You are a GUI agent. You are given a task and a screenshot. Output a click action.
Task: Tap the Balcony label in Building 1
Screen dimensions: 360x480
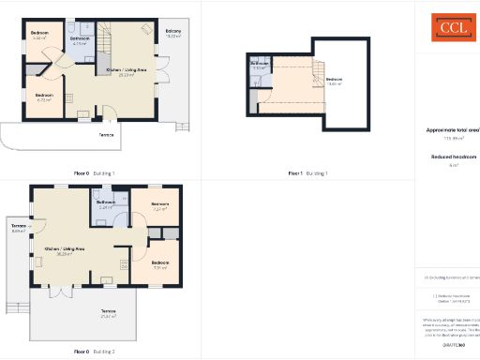click(172, 32)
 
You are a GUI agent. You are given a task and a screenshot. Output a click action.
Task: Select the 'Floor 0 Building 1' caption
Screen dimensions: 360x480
click(95, 173)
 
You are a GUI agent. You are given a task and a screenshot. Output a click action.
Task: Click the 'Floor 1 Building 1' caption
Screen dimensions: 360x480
click(308, 173)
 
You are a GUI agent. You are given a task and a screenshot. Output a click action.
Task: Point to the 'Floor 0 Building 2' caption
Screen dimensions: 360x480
click(95, 352)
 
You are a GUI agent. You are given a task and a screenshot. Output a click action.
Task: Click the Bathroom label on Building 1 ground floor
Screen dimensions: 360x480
click(80, 39)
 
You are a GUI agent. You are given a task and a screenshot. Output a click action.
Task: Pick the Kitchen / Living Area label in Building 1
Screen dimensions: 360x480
click(127, 71)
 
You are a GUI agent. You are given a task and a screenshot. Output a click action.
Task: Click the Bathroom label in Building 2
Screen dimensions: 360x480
click(105, 203)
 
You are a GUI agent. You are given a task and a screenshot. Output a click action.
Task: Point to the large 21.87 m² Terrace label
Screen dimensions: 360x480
click(109, 311)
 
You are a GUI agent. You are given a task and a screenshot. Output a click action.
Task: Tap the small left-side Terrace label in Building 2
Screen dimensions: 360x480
click(19, 228)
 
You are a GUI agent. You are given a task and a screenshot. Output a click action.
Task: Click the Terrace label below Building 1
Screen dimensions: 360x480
click(107, 135)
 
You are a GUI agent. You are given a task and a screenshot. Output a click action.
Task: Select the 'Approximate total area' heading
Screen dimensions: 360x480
click(451, 129)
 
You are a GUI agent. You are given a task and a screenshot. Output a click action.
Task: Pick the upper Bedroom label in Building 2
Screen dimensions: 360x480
click(159, 204)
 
